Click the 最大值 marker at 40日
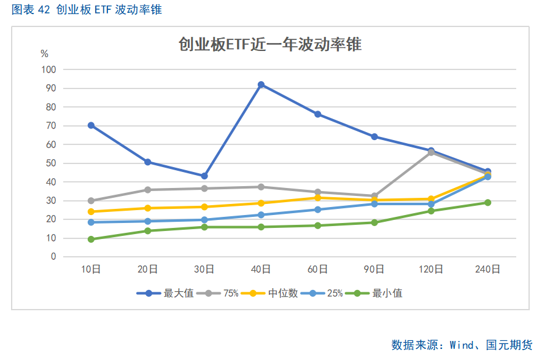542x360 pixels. coord(261,85)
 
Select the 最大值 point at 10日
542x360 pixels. coord(91,125)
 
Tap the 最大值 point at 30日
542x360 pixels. coord(204,176)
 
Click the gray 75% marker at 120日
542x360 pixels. coord(431,152)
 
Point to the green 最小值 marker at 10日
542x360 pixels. coord(91,239)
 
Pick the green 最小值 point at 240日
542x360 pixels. coord(487,202)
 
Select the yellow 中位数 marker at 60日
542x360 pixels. coord(317,197)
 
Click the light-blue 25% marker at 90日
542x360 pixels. coord(374,203)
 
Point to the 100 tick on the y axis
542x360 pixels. coord(48,69)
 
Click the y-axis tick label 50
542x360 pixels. coord(51,163)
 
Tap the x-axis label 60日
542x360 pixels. coord(317,269)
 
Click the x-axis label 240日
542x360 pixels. coord(487,269)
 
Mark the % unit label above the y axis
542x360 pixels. coord(44,53)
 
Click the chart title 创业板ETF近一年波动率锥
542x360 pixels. coord(270,44)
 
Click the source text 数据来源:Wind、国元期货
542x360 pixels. coord(462,345)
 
